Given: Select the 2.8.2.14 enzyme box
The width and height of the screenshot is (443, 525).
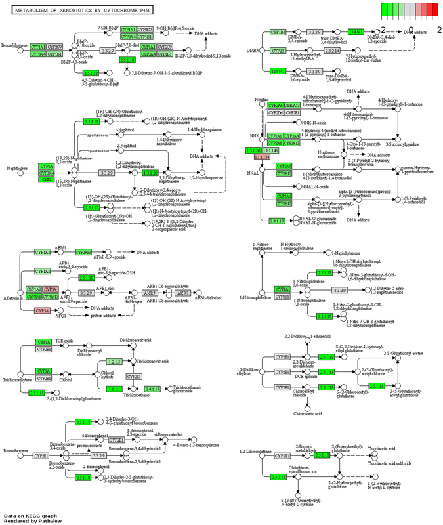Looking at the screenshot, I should [333, 51].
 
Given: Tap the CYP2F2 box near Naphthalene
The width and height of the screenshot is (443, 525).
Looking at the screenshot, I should [46, 179].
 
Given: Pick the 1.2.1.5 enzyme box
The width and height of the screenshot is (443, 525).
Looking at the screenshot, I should [116, 362].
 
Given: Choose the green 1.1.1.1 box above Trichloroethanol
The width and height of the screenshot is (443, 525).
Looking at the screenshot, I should [116, 389].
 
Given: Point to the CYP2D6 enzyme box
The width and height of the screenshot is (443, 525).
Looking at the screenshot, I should [275, 113].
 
